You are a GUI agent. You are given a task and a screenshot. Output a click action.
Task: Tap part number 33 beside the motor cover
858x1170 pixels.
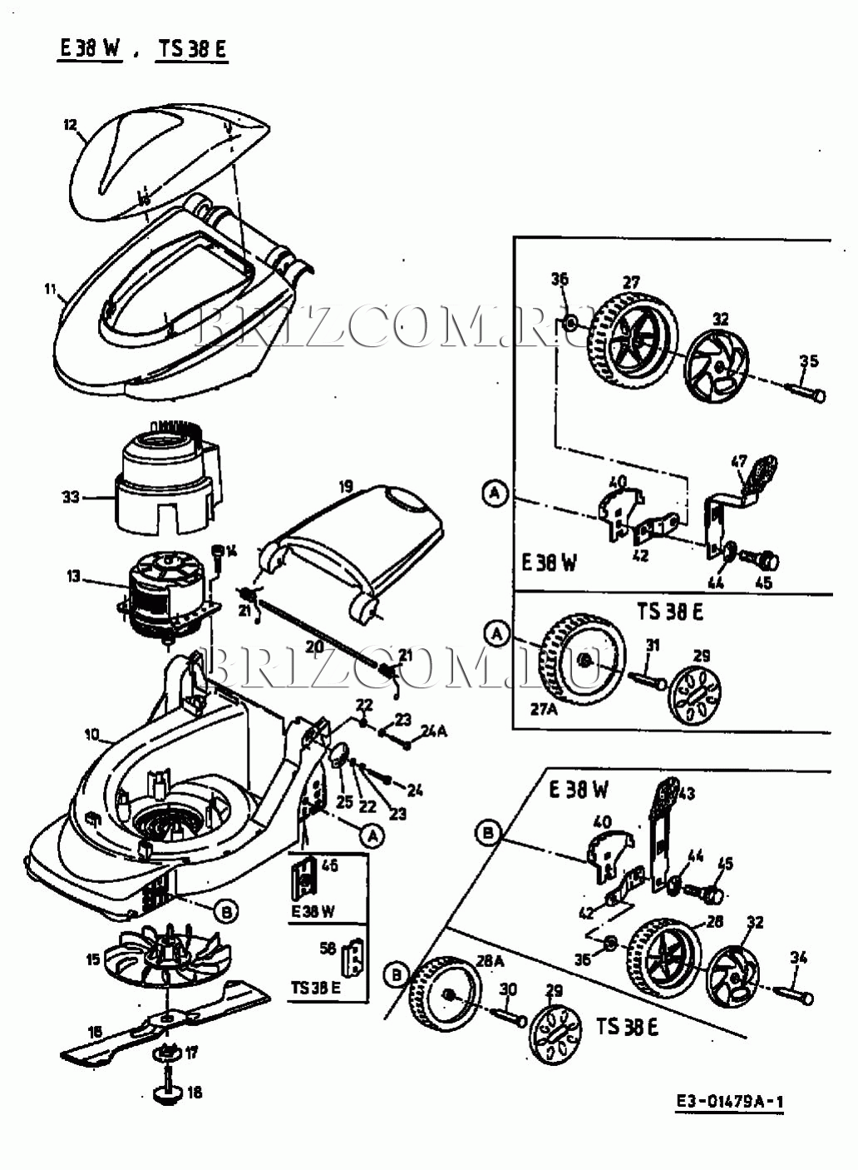coord(70,497)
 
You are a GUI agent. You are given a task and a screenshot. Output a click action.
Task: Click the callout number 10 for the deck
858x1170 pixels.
coord(91,735)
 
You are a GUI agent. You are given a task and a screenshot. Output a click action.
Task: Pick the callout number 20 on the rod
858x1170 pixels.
coord(314,646)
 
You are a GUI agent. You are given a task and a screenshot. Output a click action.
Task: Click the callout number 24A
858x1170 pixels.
coord(434,731)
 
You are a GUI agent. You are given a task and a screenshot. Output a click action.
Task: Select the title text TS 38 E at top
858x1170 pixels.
coord(192,48)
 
